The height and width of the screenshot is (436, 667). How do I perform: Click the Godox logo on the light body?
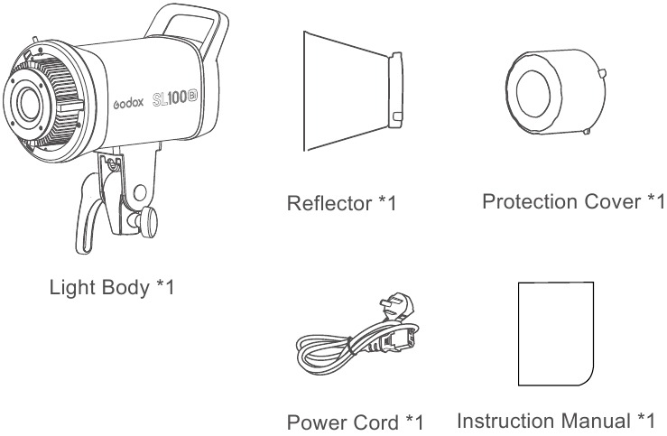pos(128,103)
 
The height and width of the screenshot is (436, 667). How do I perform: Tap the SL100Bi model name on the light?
pos(175,98)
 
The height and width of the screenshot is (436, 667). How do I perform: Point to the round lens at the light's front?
pos(28,104)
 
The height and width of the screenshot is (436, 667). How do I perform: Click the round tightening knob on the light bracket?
pos(148,221)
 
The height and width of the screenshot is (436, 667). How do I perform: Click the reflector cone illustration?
pos(353,90)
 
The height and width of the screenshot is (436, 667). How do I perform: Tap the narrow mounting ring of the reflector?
pos(395,90)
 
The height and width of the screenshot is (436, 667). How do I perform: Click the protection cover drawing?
pos(556,92)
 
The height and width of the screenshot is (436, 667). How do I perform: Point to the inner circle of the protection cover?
pos(533,93)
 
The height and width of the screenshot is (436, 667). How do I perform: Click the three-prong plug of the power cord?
pos(397,305)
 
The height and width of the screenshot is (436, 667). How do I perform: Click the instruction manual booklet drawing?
pos(556,333)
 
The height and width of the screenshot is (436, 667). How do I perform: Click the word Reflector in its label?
pos(329,203)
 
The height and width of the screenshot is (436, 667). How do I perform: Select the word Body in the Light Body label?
pos(125,288)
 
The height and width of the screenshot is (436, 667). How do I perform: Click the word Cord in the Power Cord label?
pos(375,422)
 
